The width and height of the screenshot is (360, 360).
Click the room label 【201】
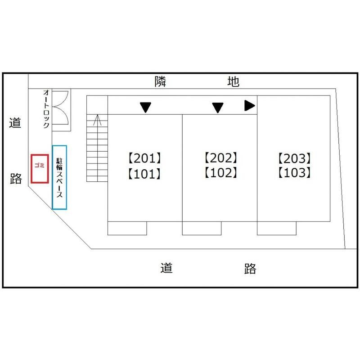tap(144, 158)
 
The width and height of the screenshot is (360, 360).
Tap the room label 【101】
tap(144, 174)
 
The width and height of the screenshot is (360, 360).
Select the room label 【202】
tap(221, 157)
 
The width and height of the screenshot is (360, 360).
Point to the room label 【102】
tap(221, 173)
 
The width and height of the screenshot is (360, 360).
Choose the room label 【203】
tap(295, 158)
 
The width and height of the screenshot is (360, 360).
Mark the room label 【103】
tap(295, 173)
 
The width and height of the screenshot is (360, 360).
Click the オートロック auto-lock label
tap(46, 108)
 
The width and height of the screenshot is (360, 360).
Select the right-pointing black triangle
tap(250, 106)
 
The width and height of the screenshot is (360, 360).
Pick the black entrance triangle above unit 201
tap(145, 107)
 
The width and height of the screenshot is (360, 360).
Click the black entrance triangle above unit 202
tap(218, 108)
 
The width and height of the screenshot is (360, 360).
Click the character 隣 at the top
tap(160, 81)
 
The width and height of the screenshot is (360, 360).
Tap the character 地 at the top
tap(233, 81)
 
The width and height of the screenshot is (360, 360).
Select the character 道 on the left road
tap(15, 122)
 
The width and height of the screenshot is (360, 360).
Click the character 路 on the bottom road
tap(250, 268)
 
